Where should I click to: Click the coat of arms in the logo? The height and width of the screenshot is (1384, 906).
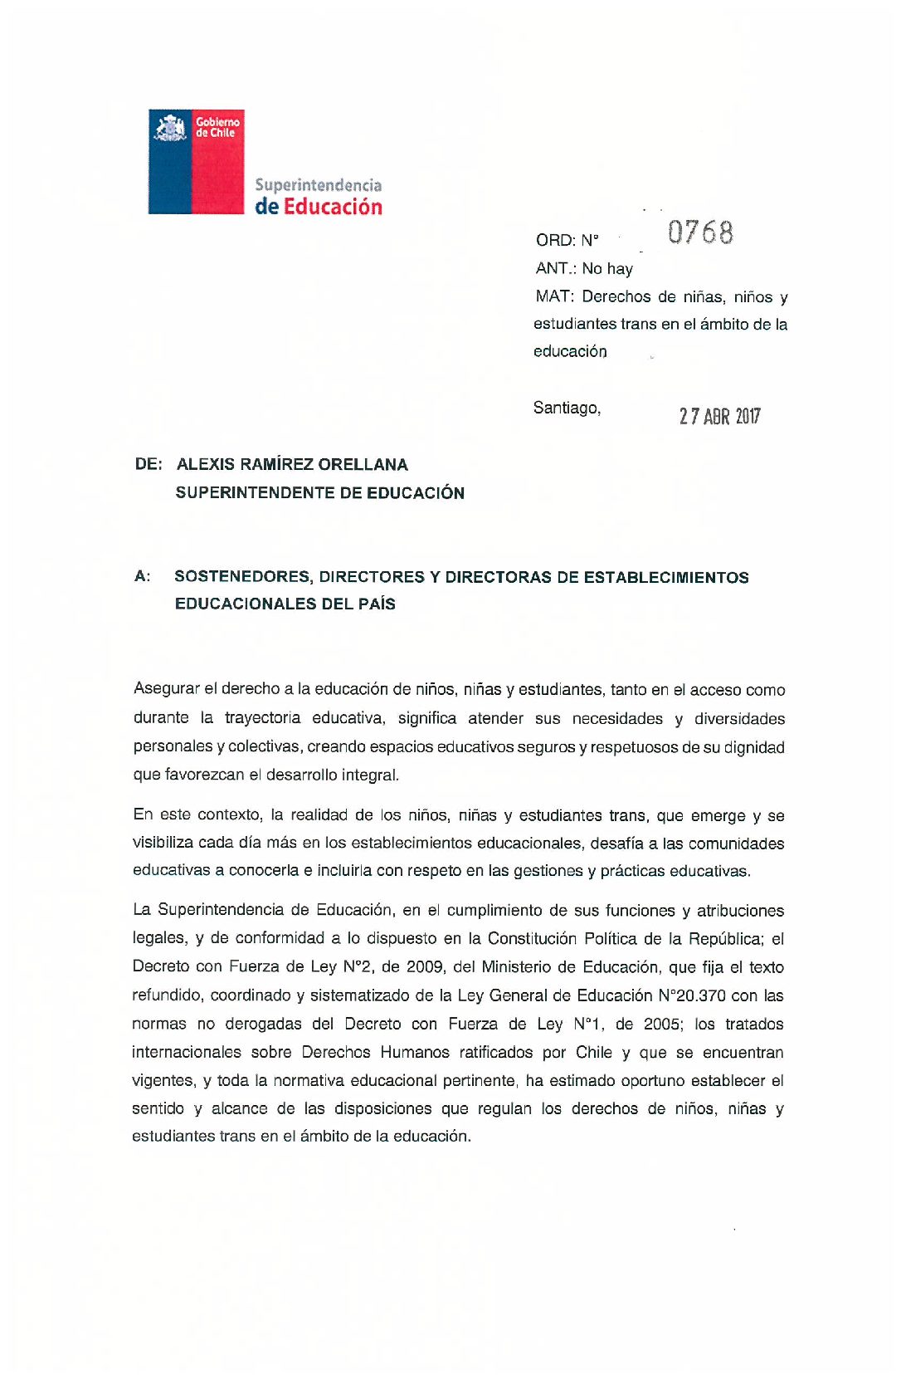[x=171, y=128]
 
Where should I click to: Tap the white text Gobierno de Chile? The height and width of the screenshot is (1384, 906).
[x=217, y=127]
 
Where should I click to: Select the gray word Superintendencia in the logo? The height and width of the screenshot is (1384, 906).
[x=318, y=185]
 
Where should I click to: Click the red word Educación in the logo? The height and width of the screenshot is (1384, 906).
[x=333, y=207]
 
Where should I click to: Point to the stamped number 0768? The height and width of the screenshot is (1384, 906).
[x=700, y=232]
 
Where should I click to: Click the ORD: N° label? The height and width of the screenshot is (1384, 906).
[x=567, y=241]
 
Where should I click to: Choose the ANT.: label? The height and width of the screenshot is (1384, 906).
[x=555, y=268]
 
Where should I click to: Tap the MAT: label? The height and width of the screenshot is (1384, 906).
[x=554, y=296]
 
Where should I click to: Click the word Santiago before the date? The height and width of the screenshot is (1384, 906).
[x=567, y=408]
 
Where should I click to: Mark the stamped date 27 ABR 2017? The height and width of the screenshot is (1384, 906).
[x=719, y=416]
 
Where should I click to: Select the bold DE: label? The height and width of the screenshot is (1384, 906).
[x=149, y=464]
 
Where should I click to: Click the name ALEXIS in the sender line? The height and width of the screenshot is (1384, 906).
[x=206, y=464]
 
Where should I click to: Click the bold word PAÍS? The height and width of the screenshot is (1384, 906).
[x=377, y=604]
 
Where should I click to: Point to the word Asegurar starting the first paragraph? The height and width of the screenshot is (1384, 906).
[x=166, y=689]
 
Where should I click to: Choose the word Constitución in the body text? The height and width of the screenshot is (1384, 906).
[x=531, y=939]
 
